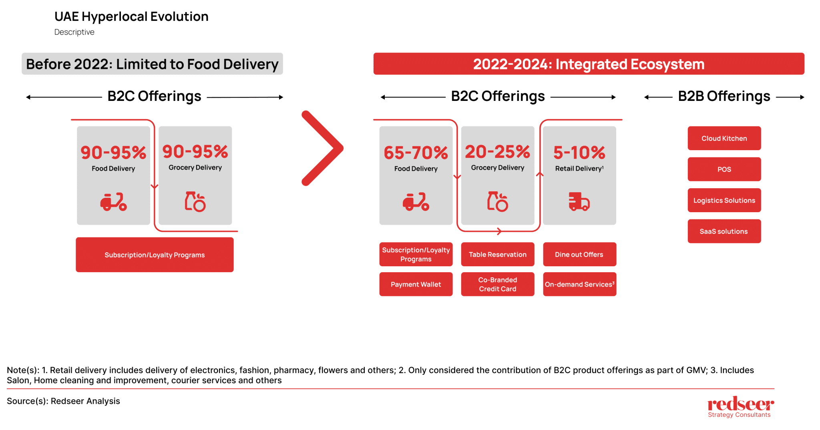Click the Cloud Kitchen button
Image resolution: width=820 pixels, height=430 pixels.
pos(724,138)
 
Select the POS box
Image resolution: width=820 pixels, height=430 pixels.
pos(724,169)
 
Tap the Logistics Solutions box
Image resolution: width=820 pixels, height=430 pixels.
pos(724,200)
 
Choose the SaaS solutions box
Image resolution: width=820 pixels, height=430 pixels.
pos(724,231)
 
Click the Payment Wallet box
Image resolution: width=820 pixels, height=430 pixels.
pos(416,284)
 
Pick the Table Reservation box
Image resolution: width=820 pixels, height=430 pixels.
pos(497,254)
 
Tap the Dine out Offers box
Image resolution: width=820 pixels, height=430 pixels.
pos(579,254)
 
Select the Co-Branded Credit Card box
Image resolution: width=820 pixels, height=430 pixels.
pos(497,284)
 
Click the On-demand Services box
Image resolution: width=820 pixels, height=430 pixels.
pos(579,284)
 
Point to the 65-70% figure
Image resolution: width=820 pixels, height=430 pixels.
pos(416,153)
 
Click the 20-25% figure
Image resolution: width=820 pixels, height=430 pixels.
pos(497,152)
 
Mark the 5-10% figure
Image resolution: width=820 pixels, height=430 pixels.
pos(579,153)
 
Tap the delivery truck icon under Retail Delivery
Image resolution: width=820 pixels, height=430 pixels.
pos(579,201)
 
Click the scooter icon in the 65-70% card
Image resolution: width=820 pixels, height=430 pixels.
pos(416,201)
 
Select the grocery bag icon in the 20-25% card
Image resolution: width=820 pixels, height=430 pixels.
pos(497,201)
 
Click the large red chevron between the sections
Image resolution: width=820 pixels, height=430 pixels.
pos(323,148)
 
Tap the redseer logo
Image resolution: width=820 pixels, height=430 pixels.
pos(740,406)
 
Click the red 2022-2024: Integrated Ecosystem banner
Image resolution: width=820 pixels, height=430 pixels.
pos(589,64)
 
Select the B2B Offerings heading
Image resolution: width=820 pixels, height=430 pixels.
pos(724,96)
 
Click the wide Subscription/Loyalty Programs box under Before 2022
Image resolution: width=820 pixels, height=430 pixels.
pos(155,255)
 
